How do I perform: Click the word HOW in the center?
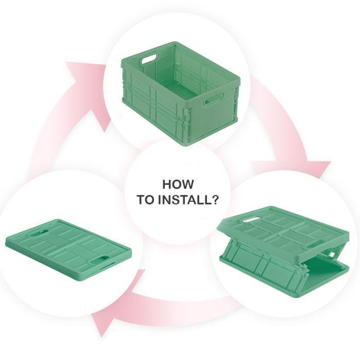(x=178, y=184)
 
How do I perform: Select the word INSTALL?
(x=184, y=200)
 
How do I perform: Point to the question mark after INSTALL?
(x=214, y=200)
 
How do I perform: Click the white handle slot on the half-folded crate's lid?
(x=251, y=220)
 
